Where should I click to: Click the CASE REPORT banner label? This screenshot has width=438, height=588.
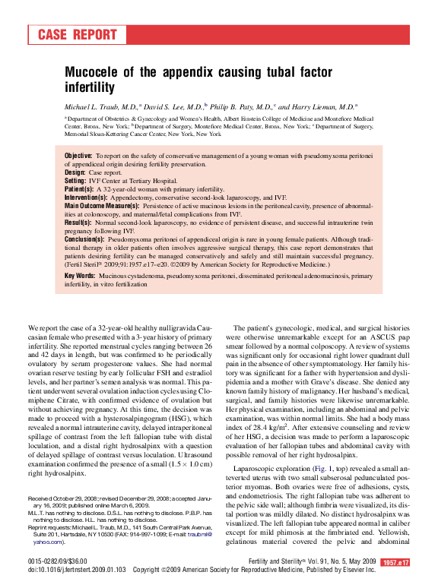(x=78, y=35)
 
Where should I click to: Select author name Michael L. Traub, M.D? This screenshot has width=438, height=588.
(x=100, y=108)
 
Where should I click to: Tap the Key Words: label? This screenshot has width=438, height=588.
(x=80, y=276)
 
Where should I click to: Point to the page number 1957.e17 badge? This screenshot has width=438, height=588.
(x=395, y=562)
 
